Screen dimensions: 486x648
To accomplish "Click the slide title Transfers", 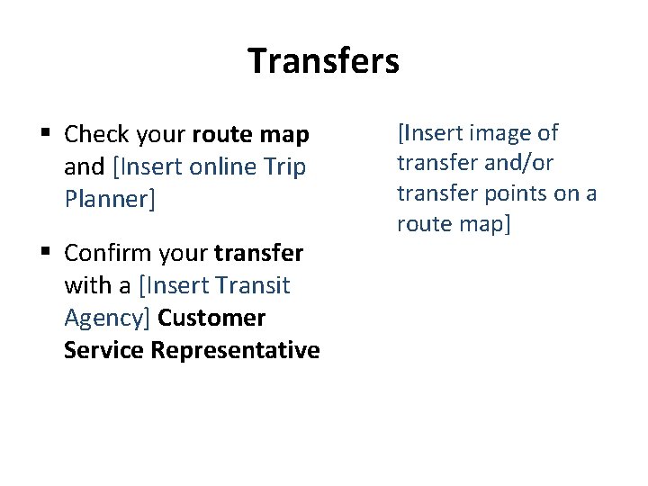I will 323,61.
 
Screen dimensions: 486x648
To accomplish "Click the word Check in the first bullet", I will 97,135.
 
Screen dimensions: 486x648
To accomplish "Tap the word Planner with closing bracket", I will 110,198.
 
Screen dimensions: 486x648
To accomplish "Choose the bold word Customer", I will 211,318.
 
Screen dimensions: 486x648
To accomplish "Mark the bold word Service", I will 103,349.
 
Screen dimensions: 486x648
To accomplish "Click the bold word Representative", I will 235,349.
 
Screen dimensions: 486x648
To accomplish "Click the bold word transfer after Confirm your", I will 258,255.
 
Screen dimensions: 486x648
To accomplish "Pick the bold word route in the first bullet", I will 222,135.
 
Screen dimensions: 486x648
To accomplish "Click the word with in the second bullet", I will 85,286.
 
